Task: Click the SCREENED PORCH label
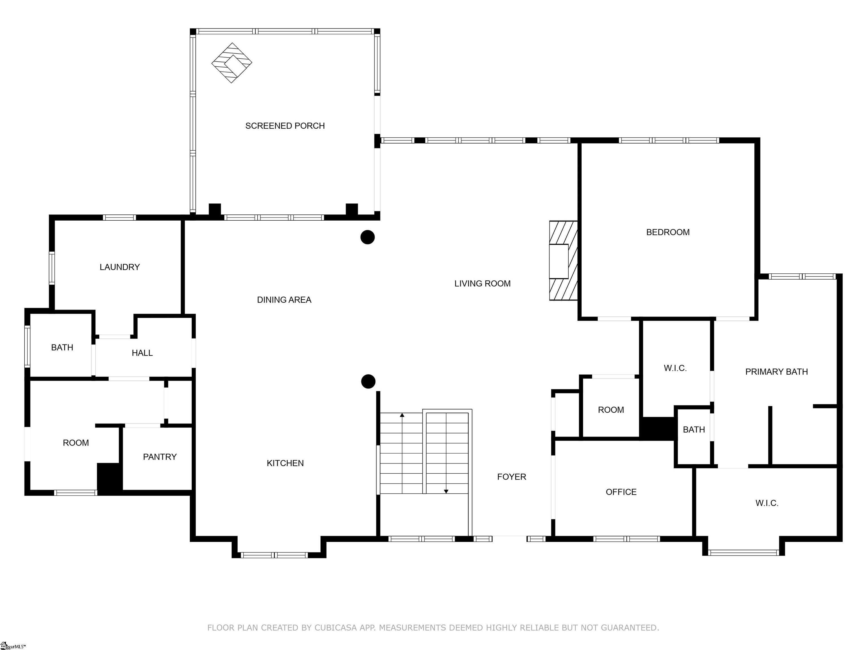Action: tap(285, 126)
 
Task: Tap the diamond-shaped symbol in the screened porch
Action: tap(232, 63)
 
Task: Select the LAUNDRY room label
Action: tap(120, 267)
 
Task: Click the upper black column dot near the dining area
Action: tap(368, 237)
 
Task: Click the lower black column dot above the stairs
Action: tap(368, 381)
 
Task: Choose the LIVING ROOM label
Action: tap(483, 284)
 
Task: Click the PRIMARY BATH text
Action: tap(776, 372)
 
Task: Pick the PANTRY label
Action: tap(159, 457)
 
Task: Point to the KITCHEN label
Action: tap(285, 463)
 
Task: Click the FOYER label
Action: tap(511, 477)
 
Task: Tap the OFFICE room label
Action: tap(621, 492)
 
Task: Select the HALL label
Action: tap(142, 353)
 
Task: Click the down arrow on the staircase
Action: tap(446, 491)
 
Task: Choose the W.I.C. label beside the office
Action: tap(767, 503)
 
